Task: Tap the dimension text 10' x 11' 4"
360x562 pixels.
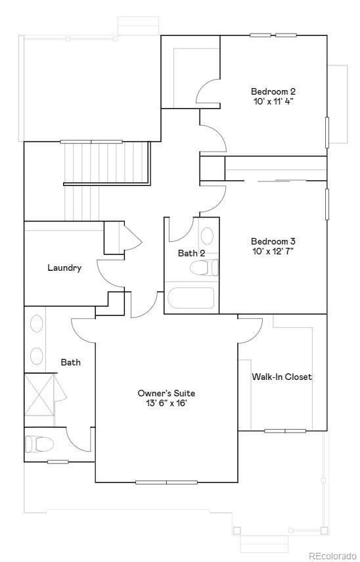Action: coord(273,102)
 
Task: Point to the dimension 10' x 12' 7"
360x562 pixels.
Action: coord(273,251)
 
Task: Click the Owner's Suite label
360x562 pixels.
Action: coord(166,393)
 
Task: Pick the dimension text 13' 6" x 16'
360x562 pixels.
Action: coord(166,404)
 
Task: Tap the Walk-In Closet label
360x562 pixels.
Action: coord(282,377)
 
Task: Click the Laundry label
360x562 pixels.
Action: coord(64,268)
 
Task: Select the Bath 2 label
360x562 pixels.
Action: coord(191,253)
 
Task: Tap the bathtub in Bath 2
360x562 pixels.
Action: coord(191,298)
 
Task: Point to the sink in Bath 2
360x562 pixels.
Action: coord(206,236)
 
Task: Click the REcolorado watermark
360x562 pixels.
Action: coord(332,555)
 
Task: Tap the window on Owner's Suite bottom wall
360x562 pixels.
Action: coord(166,482)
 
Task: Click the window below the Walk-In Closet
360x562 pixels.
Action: coord(284,431)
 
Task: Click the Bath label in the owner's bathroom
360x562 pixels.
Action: coord(70,362)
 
